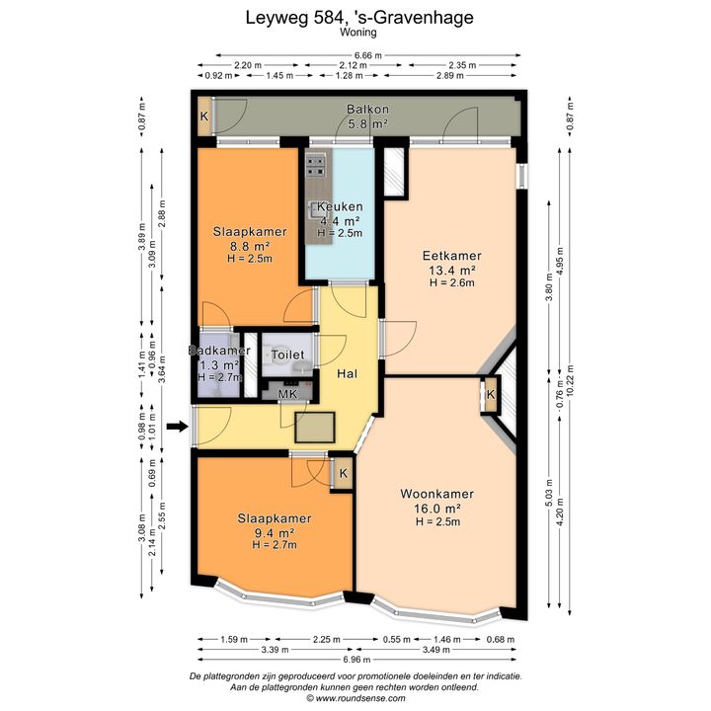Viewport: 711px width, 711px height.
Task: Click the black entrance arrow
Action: (x=178, y=427)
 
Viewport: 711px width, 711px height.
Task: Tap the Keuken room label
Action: (x=340, y=206)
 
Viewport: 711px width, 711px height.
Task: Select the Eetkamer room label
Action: (x=451, y=256)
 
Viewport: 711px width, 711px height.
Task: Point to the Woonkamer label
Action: (x=436, y=494)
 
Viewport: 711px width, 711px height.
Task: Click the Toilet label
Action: (x=287, y=355)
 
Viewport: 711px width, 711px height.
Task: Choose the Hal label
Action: (x=347, y=373)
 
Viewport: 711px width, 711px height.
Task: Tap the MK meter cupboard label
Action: (x=287, y=394)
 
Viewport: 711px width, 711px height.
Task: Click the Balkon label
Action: (x=367, y=110)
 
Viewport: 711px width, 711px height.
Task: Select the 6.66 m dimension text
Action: (x=367, y=55)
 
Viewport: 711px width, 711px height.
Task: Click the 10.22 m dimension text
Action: (x=570, y=380)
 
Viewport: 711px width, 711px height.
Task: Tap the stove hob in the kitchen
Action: (x=316, y=166)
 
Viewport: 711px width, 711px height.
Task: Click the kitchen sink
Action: (x=314, y=210)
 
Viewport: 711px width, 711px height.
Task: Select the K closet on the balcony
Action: (x=204, y=117)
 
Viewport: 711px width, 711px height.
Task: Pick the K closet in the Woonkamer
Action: (x=491, y=394)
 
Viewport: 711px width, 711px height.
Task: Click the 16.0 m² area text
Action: (x=437, y=509)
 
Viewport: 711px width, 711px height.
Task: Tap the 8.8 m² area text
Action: (x=250, y=246)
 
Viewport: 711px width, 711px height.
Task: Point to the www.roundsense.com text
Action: (x=360, y=698)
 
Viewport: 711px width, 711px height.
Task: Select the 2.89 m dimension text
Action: (x=450, y=75)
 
